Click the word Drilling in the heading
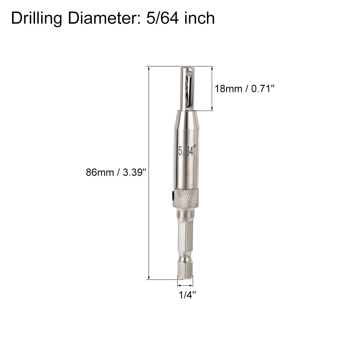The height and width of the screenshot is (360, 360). (37, 18)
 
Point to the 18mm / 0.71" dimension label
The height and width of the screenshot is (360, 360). (244, 88)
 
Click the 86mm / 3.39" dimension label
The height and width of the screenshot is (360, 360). (116, 172)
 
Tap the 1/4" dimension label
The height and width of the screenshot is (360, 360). (187, 295)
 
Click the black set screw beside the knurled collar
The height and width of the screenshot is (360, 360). (172, 197)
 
